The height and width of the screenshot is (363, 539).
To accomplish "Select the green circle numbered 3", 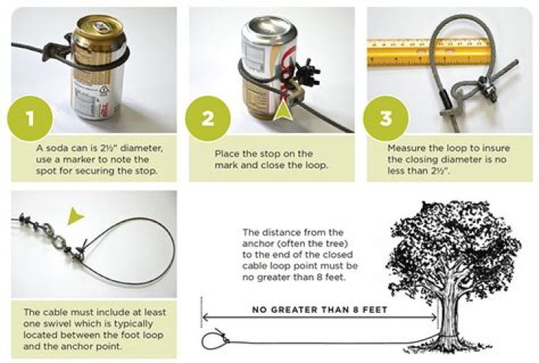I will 386,119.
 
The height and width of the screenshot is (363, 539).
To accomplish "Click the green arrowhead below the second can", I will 282,112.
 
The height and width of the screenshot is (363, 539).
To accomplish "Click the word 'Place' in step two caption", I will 228,153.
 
